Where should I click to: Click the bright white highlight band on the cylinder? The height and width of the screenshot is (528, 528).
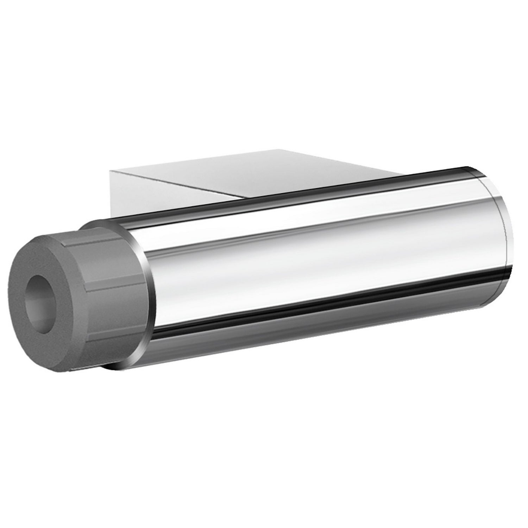pyautogui.click(x=299, y=225)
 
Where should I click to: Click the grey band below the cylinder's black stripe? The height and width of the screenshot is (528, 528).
pyautogui.click(x=317, y=327)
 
